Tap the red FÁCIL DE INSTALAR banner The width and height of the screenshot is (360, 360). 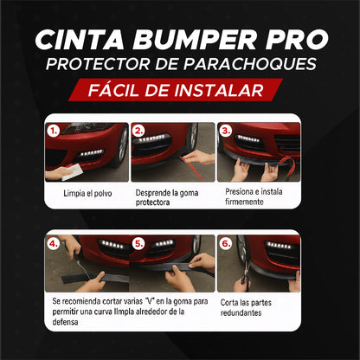pos(180,90)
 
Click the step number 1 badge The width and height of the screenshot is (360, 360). pos(54,132)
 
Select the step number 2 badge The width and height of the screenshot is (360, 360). pos(138,132)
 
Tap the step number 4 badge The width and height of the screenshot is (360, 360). pos(54,244)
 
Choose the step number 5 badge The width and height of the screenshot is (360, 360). pos(138,244)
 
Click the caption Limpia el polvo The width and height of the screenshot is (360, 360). pos(87,193)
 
